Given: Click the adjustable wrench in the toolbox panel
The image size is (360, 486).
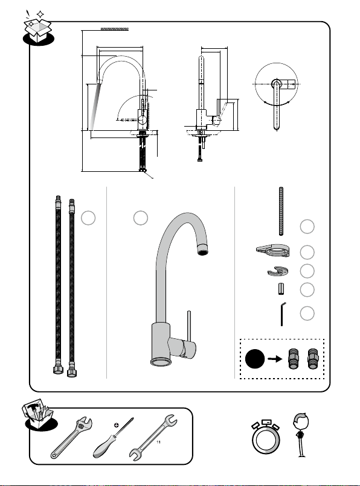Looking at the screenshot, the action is (71, 438).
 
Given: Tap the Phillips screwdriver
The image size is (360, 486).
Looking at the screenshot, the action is (113, 438).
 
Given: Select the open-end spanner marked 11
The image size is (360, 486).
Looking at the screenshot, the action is (153, 437).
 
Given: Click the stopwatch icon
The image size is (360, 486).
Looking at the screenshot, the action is (266, 437).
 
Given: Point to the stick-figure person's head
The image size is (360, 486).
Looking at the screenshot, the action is (301, 421).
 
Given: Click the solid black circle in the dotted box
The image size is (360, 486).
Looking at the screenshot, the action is (255, 359).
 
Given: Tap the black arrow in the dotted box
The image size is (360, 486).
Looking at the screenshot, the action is (275, 359).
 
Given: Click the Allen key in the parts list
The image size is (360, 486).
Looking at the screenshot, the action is (282, 314).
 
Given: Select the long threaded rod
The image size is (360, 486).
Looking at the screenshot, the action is (281, 212).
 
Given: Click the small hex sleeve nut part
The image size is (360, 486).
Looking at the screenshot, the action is (281, 289).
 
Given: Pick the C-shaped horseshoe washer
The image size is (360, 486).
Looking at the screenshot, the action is (278, 271).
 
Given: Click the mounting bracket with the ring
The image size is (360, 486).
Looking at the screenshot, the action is (273, 250).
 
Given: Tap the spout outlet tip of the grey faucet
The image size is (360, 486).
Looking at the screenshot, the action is (203, 249).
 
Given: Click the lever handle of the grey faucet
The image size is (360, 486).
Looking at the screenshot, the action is (189, 326).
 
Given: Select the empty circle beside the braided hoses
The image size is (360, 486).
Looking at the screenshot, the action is (88, 218).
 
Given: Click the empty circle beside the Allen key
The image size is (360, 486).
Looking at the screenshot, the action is (307, 314).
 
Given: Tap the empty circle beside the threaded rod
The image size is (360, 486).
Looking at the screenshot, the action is (307, 227).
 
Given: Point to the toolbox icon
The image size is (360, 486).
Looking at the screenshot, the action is (39, 415).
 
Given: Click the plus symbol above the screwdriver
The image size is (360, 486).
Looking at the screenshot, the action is (117, 425).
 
